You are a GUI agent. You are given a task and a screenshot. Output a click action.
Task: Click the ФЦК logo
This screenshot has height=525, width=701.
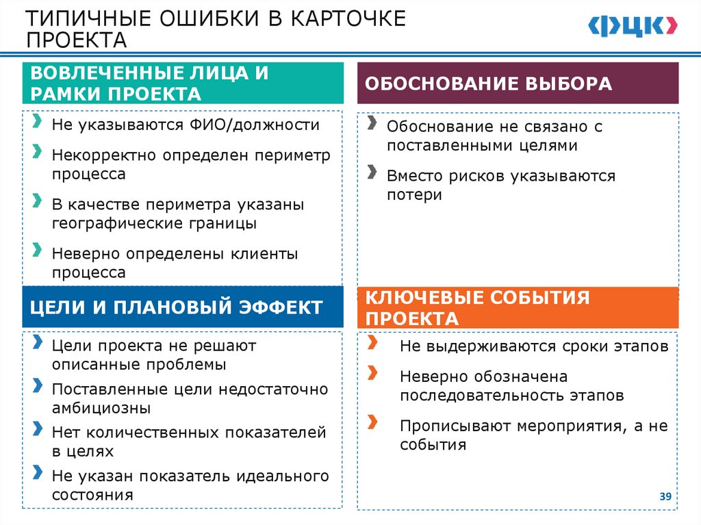pyautogui.click(x=633, y=26)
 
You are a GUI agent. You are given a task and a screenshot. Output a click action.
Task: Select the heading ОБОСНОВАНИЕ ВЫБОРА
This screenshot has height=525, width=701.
pyautogui.click(x=488, y=84)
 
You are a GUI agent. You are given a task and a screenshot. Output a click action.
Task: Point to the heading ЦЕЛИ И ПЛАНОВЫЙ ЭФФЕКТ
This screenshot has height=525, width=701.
pyautogui.click(x=177, y=307)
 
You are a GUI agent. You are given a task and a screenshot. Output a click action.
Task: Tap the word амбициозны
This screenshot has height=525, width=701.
pyautogui.click(x=101, y=409)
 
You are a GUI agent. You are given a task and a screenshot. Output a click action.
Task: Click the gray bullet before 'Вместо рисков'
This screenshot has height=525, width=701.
pyautogui.click(x=371, y=171)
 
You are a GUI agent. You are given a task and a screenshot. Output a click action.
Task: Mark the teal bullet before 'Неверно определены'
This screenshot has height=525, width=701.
pyautogui.click(x=36, y=249)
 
